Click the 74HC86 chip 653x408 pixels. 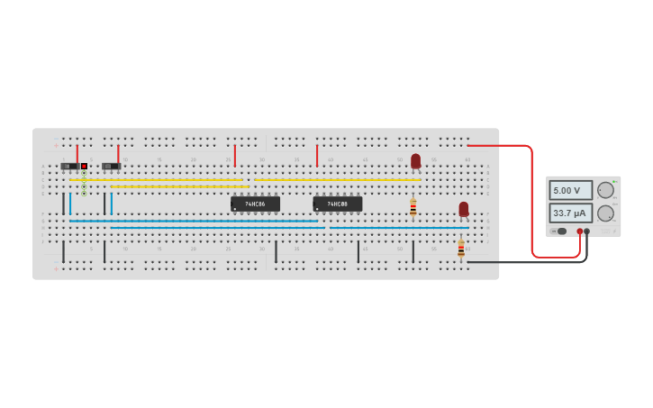255,204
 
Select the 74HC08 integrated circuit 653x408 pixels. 337,204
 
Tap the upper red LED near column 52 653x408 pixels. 415,160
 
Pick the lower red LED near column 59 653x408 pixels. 464,209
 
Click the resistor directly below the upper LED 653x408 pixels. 413,207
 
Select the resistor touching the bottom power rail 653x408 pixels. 461,248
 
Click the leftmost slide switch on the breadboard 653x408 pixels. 68,166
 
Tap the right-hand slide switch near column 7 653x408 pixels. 111,166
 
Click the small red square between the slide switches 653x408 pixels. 84,166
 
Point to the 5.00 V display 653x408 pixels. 571,190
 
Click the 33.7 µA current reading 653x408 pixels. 571,213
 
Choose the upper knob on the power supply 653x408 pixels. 605,190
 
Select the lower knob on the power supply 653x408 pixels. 605,213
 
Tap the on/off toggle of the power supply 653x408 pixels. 560,231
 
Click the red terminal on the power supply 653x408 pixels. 579,231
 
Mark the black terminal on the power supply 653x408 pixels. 587,231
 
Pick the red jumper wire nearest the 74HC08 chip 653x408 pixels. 317,155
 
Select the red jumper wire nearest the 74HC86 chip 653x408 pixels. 235,155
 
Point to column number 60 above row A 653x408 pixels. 467,159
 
